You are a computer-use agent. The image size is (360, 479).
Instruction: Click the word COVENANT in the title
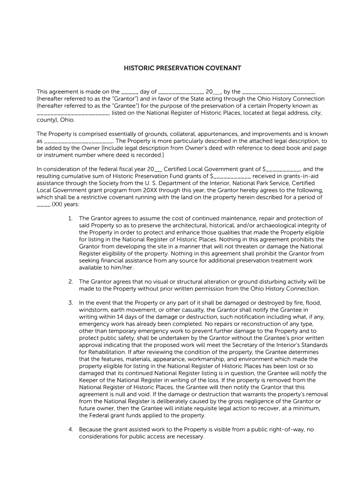click(223, 68)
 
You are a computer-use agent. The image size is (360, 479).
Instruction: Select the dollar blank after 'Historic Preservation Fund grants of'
click(232, 176)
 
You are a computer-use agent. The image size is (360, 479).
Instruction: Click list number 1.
click(70, 218)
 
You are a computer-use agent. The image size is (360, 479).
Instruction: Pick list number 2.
click(70, 282)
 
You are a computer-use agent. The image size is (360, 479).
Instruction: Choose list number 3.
click(70, 303)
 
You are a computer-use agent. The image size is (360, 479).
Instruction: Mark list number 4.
click(70, 429)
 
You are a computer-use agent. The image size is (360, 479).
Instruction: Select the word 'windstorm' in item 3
click(93, 310)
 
